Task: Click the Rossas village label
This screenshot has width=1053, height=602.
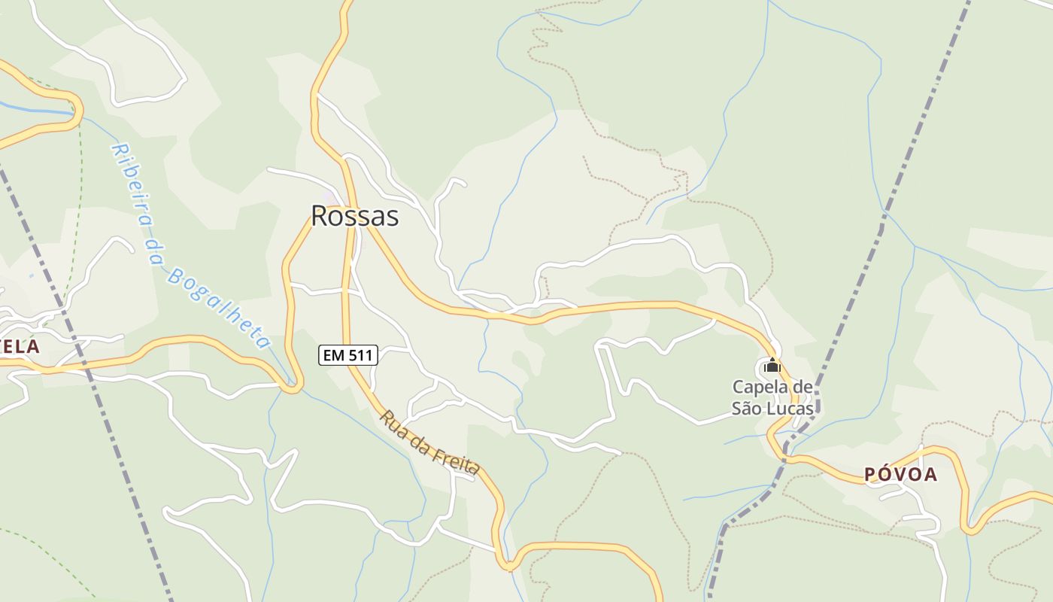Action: (354, 216)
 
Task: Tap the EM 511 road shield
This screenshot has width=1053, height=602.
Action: (348, 355)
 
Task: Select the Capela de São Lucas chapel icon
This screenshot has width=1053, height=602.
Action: (772, 366)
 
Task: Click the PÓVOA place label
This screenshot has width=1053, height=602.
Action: (900, 475)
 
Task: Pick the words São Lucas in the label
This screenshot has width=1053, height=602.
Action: (772, 409)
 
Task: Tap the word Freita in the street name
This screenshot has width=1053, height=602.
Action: (456, 459)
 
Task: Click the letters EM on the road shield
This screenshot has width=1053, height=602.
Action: (334, 355)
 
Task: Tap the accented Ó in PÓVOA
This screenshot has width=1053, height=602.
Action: (886, 474)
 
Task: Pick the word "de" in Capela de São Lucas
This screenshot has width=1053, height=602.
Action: (804, 388)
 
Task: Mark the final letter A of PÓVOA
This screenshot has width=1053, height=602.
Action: (930, 475)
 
